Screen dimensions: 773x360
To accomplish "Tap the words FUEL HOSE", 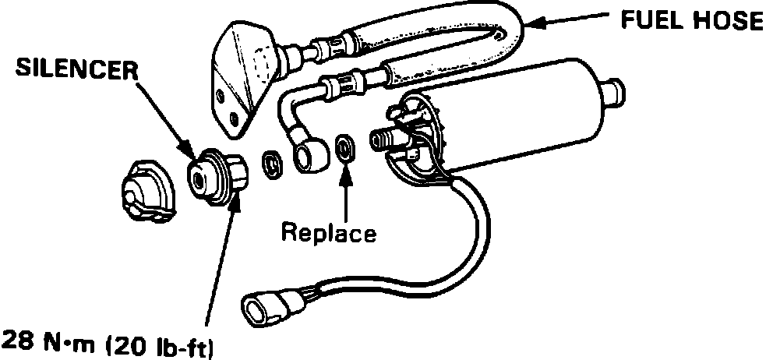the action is pyautogui.click(x=690, y=21).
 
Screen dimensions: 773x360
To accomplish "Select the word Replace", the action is pyautogui.click(x=328, y=231).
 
